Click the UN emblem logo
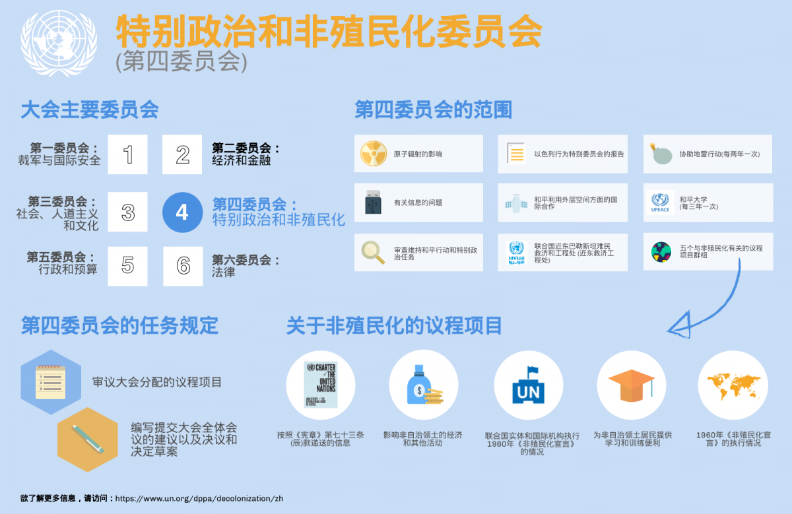[x=59, y=43]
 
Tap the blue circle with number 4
[x=182, y=212]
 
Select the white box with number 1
[x=127, y=154]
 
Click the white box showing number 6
[x=183, y=266]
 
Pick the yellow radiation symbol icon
[x=374, y=154]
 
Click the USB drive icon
[x=373, y=202]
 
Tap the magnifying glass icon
[x=373, y=252]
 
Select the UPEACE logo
[x=660, y=203]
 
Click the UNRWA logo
[x=516, y=253]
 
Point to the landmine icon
[x=661, y=154]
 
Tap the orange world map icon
[x=733, y=386]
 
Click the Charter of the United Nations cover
[x=321, y=385]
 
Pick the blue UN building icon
[x=528, y=385]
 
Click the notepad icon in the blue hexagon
[x=51, y=382]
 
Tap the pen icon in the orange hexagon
[x=88, y=439]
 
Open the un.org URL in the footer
[x=199, y=498]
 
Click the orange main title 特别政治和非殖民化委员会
[x=329, y=31]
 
